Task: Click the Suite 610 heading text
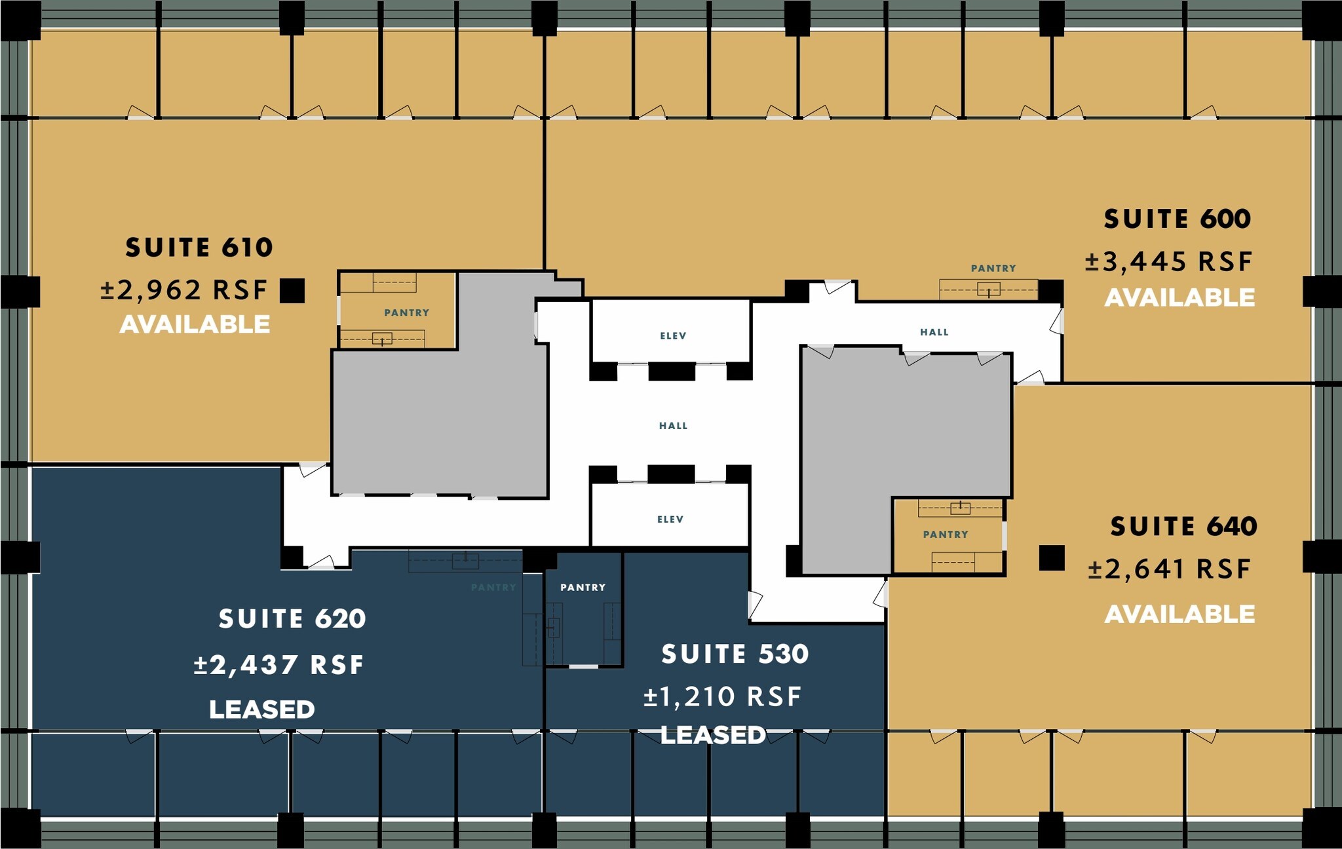[199, 248]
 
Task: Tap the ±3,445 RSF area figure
[1168, 261]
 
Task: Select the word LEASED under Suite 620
[261, 709]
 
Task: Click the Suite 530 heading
[735, 654]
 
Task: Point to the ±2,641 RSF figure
[1169, 569]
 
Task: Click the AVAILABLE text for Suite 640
[1179, 614]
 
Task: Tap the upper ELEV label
[673, 336]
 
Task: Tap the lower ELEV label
[670, 519]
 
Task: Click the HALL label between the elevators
[673, 426]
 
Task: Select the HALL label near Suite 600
[934, 332]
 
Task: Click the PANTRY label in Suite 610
[406, 312]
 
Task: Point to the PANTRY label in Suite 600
[993, 268]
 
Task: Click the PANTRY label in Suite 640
[945, 535]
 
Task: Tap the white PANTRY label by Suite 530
[583, 588]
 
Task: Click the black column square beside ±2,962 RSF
[292, 290]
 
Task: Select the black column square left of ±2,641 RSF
[1051, 558]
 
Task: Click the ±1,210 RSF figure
[722, 696]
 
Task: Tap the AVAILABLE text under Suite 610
[195, 324]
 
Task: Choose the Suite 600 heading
[1177, 219]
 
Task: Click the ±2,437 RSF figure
[278, 665]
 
